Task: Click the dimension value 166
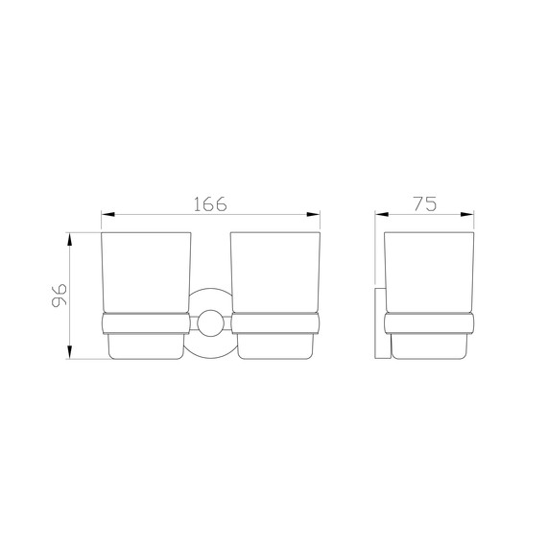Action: coord(209,203)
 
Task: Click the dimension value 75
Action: coord(425,203)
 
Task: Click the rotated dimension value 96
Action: coord(57,294)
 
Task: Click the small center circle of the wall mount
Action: coord(209,322)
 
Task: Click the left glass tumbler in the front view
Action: coord(146,273)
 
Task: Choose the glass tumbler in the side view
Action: coord(429,273)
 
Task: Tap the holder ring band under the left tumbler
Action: coord(146,322)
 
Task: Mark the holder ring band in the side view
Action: coord(429,322)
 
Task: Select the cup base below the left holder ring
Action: coord(146,345)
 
